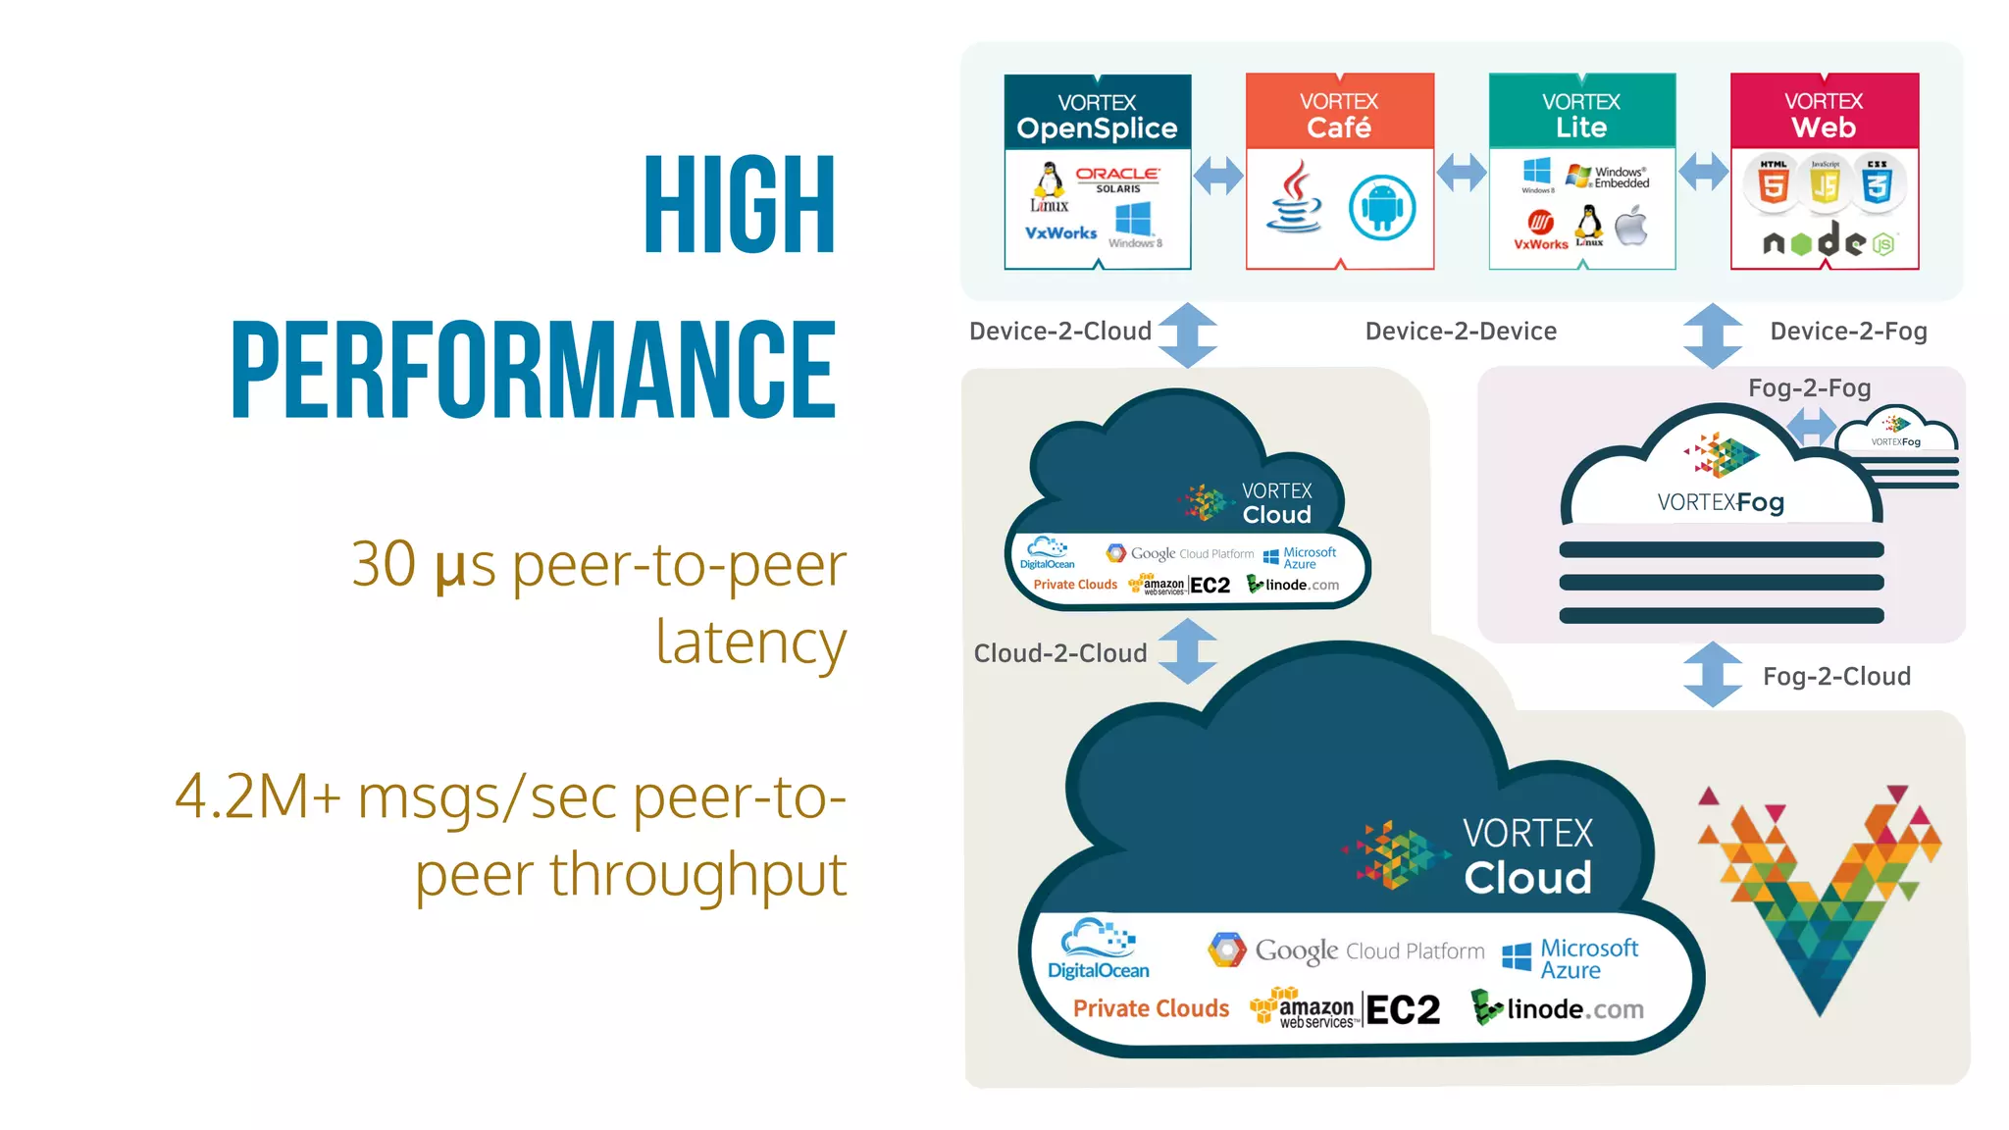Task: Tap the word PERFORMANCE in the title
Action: coord(534,370)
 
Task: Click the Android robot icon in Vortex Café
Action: coord(1381,207)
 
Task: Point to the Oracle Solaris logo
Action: coord(1117,179)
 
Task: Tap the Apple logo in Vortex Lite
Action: coord(1631,227)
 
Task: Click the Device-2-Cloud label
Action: coord(1059,332)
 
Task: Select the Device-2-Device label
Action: coord(1461,332)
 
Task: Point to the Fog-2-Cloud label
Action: coord(1836,677)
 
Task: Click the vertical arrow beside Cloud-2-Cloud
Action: coord(1188,650)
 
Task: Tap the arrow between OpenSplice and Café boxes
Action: coord(1218,176)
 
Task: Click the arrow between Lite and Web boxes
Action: coord(1703,173)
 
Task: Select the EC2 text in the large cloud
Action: coord(1403,1010)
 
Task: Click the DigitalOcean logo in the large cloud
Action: coord(1099,950)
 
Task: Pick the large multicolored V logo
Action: coord(1820,898)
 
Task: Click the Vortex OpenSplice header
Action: coord(1097,116)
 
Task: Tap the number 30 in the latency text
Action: coord(384,565)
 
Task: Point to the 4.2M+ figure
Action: coord(258,796)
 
